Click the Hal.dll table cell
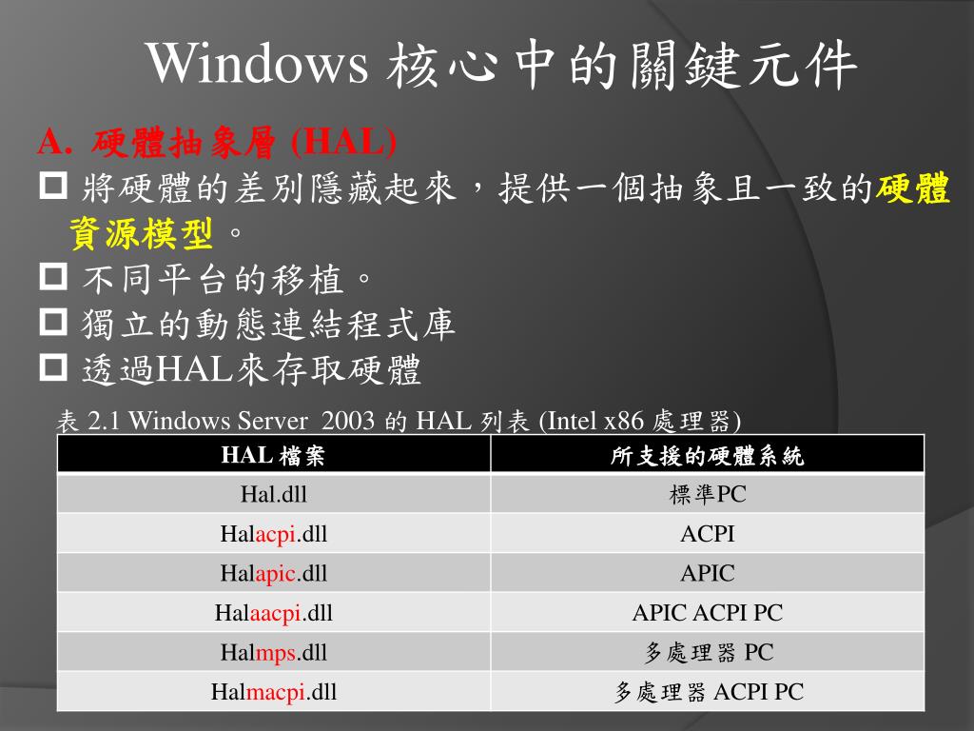pyautogui.click(x=274, y=495)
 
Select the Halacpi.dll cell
pyautogui.click(x=274, y=534)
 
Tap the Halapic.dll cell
pyautogui.click(x=274, y=573)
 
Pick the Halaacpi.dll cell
pyautogui.click(x=274, y=613)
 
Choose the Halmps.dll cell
pyautogui.click(x=274, y=652)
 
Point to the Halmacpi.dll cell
pyautogui.click(x=274, y=692)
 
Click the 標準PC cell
pyautogui.click(x=708, y=495)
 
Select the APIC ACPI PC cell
pyautogui.click(x=708, y=613)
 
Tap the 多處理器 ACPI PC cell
pyautogui.click(x=708, y=692)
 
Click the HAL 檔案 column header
pyautogui.click(x=274, y=456)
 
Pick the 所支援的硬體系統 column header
pyautogui.click(x=708, y=456)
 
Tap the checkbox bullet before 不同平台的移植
pyautogui.click(x=53, y=278)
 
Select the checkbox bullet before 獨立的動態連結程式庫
pyautogui.click(x=53, y=324)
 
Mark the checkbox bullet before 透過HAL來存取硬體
pyautogui.click(x=53, y=369)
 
